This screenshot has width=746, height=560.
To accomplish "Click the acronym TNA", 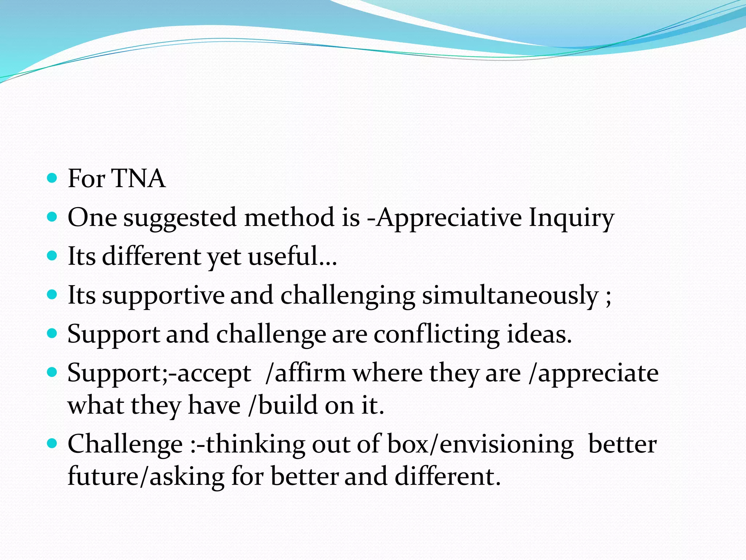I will click(138, 179).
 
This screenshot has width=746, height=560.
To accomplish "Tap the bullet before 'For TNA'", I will click(52, 178).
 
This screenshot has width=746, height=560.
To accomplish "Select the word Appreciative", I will click(449, 218).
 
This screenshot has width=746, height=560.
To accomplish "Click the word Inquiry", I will click(571, 218).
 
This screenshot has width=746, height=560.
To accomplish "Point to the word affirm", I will click(310, 373).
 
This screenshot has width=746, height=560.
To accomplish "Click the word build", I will click(288, 405).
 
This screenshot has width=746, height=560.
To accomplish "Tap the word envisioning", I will click(506, 445).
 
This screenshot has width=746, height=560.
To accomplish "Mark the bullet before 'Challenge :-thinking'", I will click(52, 444).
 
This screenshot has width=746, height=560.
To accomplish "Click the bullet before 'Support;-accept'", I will click(52, 373).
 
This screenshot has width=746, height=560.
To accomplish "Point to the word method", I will click(289, 218).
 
